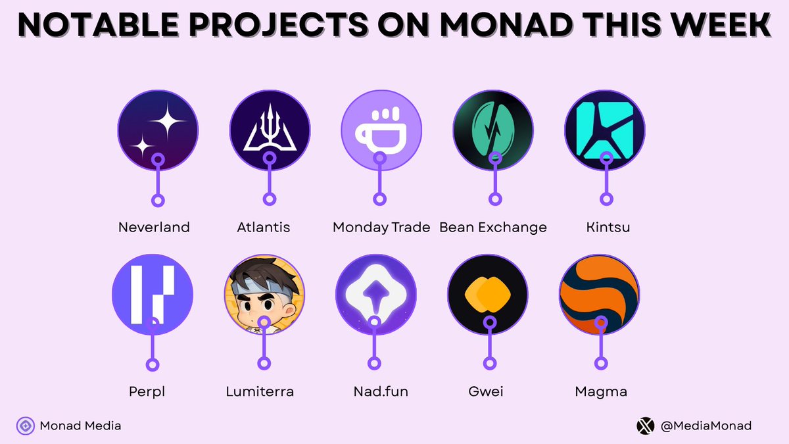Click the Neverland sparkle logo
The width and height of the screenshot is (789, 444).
tap(158, 130)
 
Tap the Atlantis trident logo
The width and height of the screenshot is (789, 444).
tap(270, 130)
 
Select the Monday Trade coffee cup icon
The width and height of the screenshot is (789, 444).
tap(381, 130)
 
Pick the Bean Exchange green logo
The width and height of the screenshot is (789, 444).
tap(493, 130)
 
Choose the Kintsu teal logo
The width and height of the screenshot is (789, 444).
tap(605, 130)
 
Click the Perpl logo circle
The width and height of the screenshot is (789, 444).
tap(153, 294)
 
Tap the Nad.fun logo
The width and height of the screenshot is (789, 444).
tap(375, 294)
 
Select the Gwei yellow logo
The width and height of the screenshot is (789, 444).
tap(487, 294)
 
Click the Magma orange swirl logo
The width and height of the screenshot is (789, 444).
tap(599, 294)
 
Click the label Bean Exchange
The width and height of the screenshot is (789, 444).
tap(493, 228)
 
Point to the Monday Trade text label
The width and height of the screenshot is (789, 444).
tap(381, 228)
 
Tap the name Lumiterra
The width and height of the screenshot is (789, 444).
tap(260, 392)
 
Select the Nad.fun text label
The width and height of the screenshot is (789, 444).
tap(381, 392)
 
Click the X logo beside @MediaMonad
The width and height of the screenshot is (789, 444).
tap(646, 426)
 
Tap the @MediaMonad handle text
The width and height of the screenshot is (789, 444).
tap(705, 426)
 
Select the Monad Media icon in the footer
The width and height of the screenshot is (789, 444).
tap(26, 426)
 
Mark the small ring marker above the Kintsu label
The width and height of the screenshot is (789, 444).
tap(606, 199)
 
